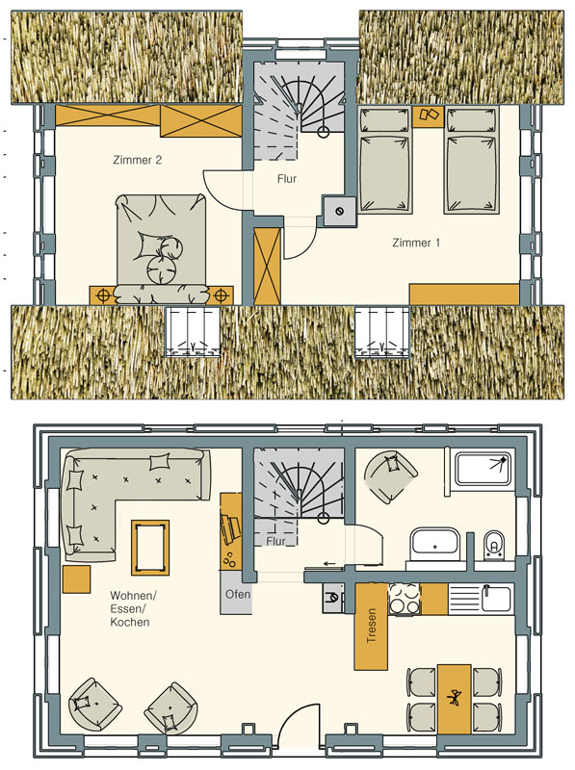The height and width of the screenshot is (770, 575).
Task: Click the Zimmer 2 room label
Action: (137, 160)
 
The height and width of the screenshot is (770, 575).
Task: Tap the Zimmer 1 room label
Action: (416, 243)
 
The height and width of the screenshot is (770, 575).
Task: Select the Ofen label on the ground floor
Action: (238, 594)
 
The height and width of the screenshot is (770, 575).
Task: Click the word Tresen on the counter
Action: (372, 626)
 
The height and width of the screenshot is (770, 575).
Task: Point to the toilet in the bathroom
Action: (493, 546)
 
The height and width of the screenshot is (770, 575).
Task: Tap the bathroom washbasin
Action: (435, 545)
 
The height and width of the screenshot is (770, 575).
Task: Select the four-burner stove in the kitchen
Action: (405, 599)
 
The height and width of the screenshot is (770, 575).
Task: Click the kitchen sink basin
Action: (496, 599)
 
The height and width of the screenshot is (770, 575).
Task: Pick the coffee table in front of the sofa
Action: (150, 548)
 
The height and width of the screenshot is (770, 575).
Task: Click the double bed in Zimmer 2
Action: (161, 248)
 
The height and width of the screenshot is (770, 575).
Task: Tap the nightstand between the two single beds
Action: (428, 115)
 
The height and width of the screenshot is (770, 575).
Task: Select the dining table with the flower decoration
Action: (455, 700)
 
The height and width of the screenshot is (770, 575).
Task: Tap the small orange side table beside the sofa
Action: (77, 579)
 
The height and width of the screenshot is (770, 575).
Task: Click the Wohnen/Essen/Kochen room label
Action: (133, 609)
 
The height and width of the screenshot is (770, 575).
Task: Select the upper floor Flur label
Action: (287, 179)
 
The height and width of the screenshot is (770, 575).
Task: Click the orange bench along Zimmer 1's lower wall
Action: (464, 295)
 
